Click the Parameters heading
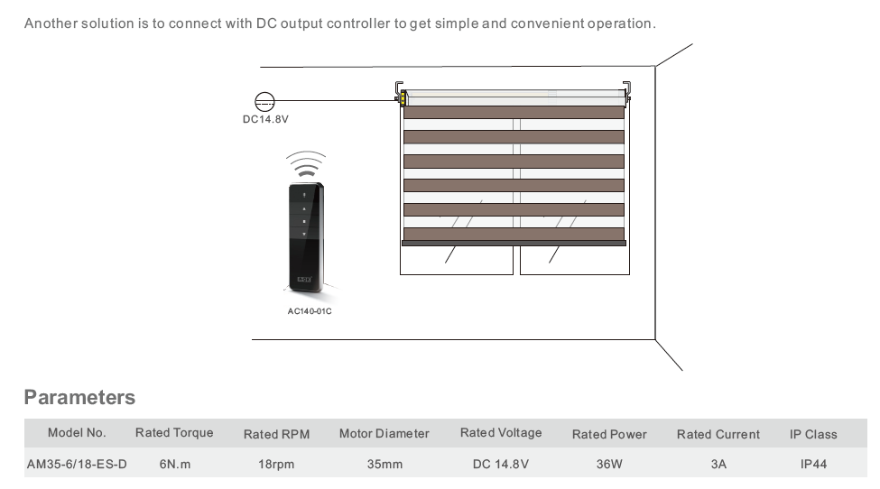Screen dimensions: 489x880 click(79, 398)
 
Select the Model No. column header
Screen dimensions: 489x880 click(77, 433)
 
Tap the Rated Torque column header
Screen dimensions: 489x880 click(174, 433)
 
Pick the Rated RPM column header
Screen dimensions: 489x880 click(276, 434)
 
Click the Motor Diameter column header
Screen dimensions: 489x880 click(384, 434)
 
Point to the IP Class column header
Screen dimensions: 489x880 click(813, 434)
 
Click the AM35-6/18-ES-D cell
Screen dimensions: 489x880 click(77, 464)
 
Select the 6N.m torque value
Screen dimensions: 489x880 click(174, 464)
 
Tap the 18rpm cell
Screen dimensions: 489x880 click(276, 464)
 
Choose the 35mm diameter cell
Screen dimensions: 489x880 click(384, 464)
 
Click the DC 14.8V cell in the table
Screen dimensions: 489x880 click(500, 464)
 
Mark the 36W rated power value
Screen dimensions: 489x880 click(609, 464)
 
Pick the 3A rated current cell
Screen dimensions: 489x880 click(718, 464)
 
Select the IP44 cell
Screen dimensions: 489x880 click(813, 464)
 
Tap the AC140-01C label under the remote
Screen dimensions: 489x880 click(309, 311)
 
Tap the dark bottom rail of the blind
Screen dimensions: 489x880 click(514, 243)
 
